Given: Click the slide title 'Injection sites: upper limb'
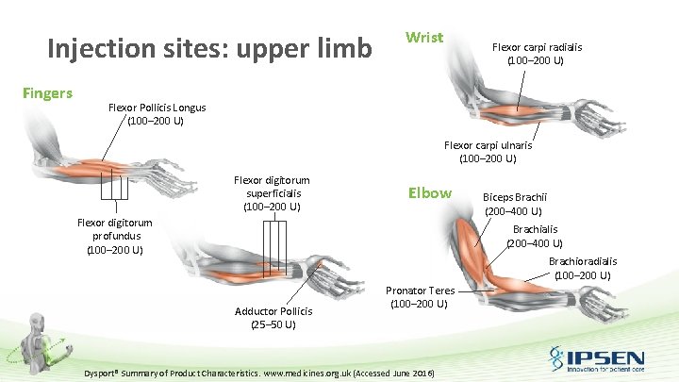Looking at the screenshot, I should [x=209, y=47].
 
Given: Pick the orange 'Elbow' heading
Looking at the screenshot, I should [x=429, y=192].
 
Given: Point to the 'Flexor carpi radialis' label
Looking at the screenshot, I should [x=537, y=47].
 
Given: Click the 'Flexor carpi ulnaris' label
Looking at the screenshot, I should [x=488, y=145].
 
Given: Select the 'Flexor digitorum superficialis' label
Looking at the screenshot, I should [x=272, y=186].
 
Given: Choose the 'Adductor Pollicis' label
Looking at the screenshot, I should [x=273, y=311].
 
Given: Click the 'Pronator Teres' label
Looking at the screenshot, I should [x=421, y=291].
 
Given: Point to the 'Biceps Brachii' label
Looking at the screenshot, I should [x=514, y=197].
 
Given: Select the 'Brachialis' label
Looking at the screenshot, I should [x=535, y=229].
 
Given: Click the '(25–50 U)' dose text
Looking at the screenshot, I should [x=273, y=324].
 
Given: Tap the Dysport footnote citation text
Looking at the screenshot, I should [x=259, y=374].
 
